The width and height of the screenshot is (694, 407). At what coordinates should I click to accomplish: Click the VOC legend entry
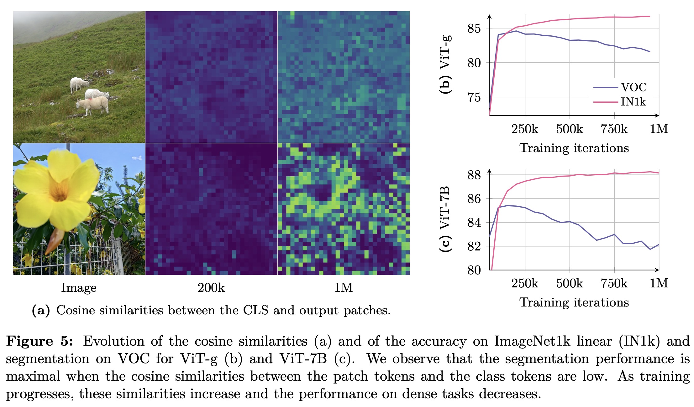tap(634, 87)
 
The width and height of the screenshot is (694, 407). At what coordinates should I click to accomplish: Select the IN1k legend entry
tap(633, 102)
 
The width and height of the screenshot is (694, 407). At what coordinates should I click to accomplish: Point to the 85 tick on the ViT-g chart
tap(474, 28)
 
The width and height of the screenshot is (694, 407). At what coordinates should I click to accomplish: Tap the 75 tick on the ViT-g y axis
tap(474, 98)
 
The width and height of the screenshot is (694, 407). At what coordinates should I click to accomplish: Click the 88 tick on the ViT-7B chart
tap(474, 175)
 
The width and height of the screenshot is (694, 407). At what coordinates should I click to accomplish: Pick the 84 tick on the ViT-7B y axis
tap(474, 223)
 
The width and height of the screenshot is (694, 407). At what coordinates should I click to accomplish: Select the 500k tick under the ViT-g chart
tap(569, 129)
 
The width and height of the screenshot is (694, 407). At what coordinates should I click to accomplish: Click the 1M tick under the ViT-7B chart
tap(659, 283)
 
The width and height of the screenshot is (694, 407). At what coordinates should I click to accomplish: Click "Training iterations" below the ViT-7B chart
tap(574, 302)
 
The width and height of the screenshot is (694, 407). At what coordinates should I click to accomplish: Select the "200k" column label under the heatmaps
tap(211, 288)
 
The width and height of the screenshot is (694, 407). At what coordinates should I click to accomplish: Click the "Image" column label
tap(79, 288)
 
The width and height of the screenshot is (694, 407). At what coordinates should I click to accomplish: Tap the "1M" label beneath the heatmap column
tap(344, 288)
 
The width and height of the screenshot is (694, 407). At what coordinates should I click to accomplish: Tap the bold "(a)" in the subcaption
tap(41, 310)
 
